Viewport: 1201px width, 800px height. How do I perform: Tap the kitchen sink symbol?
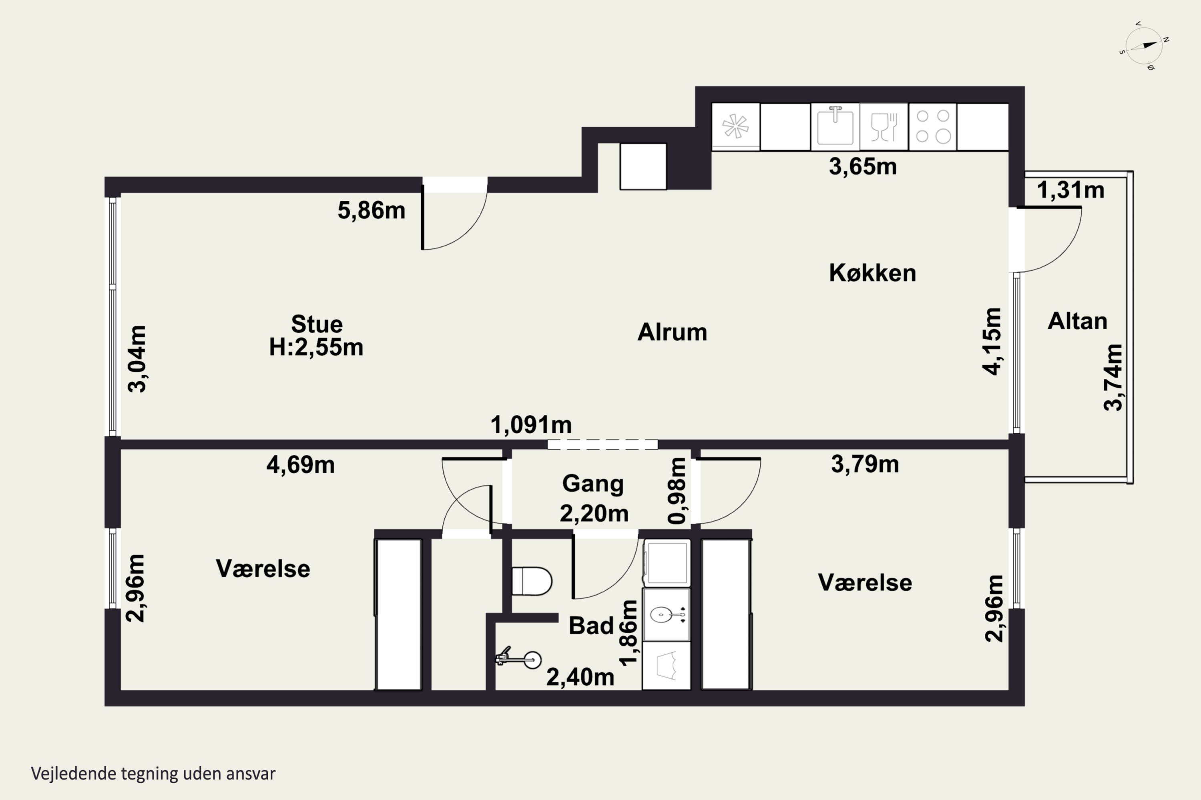(x=835, y=126)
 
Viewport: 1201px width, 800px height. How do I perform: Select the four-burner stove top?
(x=933, y=126)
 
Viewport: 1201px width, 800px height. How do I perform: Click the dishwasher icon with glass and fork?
(x=884, y=126)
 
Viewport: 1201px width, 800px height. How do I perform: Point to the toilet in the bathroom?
(x=532, y=581)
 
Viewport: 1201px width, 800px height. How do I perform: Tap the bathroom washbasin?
(x=666, y=615)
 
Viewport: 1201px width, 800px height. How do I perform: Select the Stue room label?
(x=317, y=324)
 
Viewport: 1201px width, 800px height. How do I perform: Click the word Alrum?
(x=672, y=332)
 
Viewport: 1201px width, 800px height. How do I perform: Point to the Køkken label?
(x=872, y=273)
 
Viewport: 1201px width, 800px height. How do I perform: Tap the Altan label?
(x=1077, y=321)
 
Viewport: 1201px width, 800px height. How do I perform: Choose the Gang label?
(x=593, y=484)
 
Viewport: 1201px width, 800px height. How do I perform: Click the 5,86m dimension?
(x=371, y=210)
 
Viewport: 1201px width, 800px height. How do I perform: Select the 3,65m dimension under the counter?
(x=862, y=166)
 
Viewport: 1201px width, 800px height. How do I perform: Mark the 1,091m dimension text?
(x=531, y=424)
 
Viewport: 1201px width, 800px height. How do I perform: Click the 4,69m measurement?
(x=300, y=465)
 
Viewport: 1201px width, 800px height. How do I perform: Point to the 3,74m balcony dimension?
(x=1113, y=378)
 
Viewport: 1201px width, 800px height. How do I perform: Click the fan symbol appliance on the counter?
(x=736, y=126)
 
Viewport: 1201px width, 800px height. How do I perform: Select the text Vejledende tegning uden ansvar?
(x=153, y=774)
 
